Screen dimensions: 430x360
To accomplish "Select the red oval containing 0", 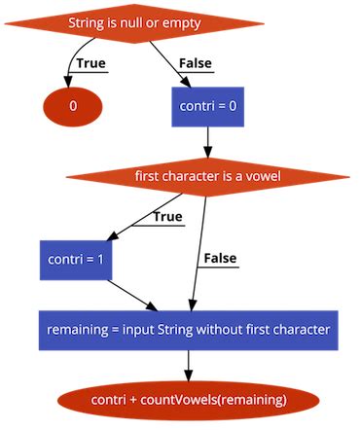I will click(72, 105).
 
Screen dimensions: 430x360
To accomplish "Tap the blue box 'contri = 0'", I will click(207, 105).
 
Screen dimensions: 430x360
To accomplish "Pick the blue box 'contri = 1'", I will click(74, 260).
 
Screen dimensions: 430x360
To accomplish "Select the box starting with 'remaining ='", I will click(189, 330).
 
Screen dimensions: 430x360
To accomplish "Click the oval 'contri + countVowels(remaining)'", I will click(188, 400).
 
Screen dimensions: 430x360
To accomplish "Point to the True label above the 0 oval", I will click(90, 64).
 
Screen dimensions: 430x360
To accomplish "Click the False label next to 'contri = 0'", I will click(196, 64).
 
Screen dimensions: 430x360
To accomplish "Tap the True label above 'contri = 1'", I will click(166, 216).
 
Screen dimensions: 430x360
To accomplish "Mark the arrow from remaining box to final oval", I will click(188, 365).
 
